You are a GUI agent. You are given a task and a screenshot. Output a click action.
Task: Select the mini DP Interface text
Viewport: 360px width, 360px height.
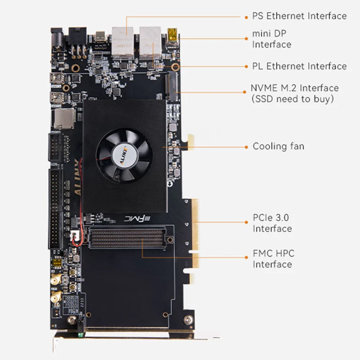pyautogui.click(x=271, y=39)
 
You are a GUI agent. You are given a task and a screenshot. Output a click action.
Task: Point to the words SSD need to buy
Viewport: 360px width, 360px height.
pyautogui.click(x=292, y=99)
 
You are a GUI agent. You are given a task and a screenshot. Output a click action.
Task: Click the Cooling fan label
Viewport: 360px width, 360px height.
pyautogui.click(x=278, y=146)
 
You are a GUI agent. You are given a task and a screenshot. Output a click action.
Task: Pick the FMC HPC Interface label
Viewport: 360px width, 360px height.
pyautogui.click(x=273, y=259)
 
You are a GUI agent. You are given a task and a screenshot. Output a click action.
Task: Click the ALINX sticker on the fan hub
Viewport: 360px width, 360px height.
pyautogui.click(x=124, y=155)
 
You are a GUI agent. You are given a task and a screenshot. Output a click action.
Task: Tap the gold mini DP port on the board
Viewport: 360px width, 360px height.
pyautogui.click(x=172, y=34)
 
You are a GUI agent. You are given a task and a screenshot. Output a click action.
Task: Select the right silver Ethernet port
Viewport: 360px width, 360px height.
pyautogui.click(x=149, y=40)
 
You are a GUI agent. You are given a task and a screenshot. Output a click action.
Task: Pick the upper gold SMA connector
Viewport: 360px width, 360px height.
pyautogui.click(x=54, y=281)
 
